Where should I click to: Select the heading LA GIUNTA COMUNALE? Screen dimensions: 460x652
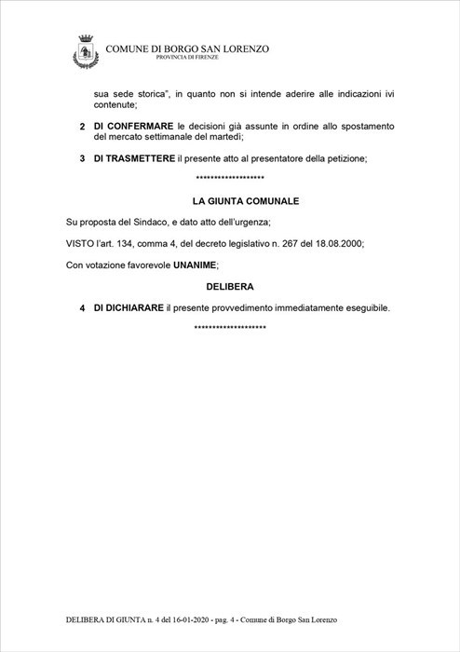pyautogui.click(x=232, y=200)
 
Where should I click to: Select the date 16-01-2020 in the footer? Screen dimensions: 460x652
pyautogui.click(x=162, y=619)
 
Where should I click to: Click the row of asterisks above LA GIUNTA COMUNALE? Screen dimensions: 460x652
pyautogui.click(x=231, y=179)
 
